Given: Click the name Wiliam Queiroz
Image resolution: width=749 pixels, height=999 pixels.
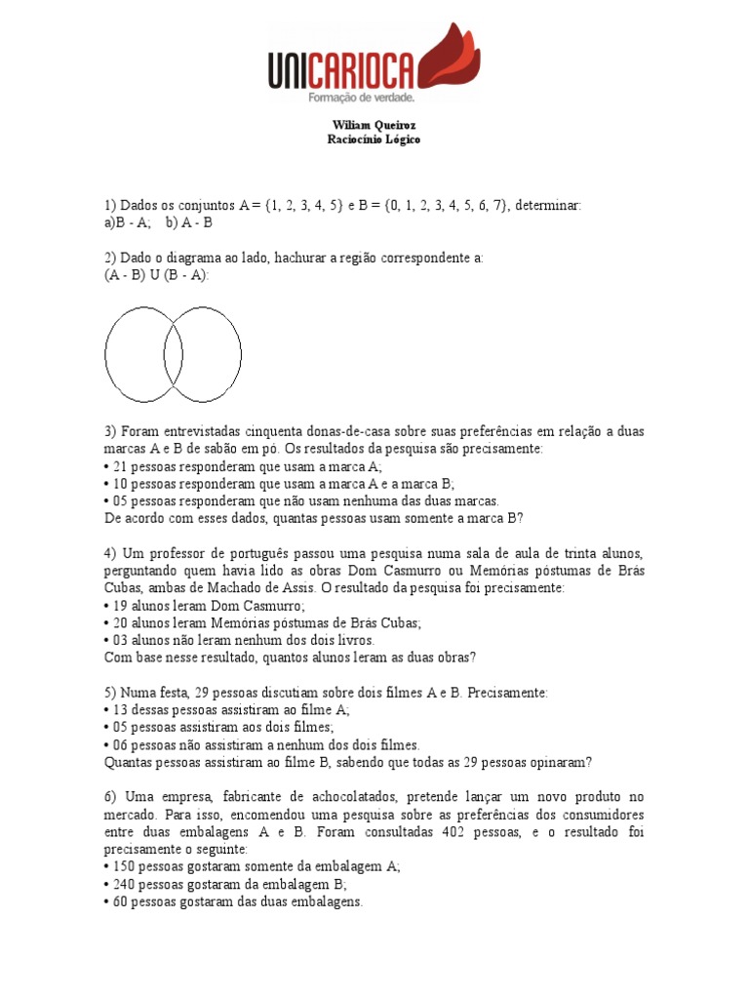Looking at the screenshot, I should [374, 126].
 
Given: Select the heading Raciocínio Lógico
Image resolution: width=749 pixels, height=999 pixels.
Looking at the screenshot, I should [374, 140].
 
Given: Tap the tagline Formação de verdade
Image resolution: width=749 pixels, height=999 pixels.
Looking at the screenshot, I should [362, 98].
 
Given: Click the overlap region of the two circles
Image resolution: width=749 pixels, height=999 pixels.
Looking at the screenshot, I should [174, 355].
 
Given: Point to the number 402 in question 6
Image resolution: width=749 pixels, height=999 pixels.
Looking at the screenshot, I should [493, 832].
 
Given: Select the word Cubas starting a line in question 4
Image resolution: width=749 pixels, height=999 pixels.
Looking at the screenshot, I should [125, 588].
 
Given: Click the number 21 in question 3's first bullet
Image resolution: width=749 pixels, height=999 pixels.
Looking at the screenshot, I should [121, 466].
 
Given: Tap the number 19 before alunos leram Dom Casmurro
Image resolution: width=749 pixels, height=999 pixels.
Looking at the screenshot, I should [121, 605].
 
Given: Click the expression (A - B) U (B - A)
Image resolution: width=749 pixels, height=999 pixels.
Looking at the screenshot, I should [157, 275].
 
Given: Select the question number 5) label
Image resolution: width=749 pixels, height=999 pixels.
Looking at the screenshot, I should [111, 692].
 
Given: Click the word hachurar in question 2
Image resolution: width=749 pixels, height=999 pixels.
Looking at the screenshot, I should [303, 259].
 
